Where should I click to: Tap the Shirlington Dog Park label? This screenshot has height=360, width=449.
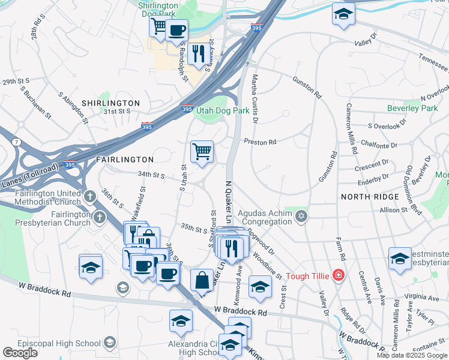coord(158,8)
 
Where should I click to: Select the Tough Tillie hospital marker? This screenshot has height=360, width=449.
coord(339,275)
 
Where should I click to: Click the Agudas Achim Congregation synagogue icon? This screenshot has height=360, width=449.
coord(301,215)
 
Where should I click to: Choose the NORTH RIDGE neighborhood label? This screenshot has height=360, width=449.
coord(369,197)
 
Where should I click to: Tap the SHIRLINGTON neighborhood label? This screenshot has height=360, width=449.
coord(110,103)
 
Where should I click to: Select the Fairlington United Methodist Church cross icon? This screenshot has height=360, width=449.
coord(90,196)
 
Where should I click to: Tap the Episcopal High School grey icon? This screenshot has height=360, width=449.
coord(109,343)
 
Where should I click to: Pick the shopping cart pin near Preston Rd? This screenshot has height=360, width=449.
coord(202,151)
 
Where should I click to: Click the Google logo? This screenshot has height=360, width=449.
coord(20,352)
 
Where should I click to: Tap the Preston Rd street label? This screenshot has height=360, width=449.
coord(260,142)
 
